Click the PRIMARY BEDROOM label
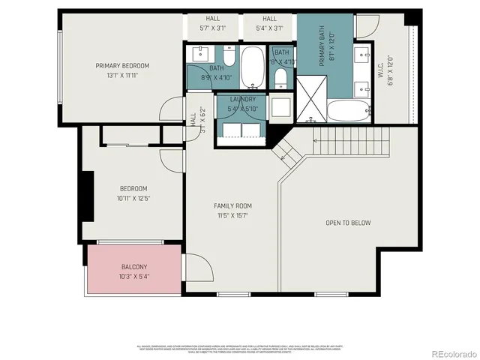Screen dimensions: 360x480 (x=122, y=66)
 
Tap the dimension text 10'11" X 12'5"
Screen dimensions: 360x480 (x=133, y=199)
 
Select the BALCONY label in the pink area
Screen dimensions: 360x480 (x=134, y=267)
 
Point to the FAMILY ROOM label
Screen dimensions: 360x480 (x=232, y=205)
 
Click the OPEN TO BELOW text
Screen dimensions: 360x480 (x=349, y=223)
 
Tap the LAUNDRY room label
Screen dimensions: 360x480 (x=243, y=99)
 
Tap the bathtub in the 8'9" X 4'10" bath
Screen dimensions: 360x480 (x=252, y=64)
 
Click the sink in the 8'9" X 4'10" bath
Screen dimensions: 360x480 (x=200, y=54)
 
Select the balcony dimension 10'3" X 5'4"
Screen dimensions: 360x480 (x=134, y=277)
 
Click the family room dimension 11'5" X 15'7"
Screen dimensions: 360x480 (x=232, y=215)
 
